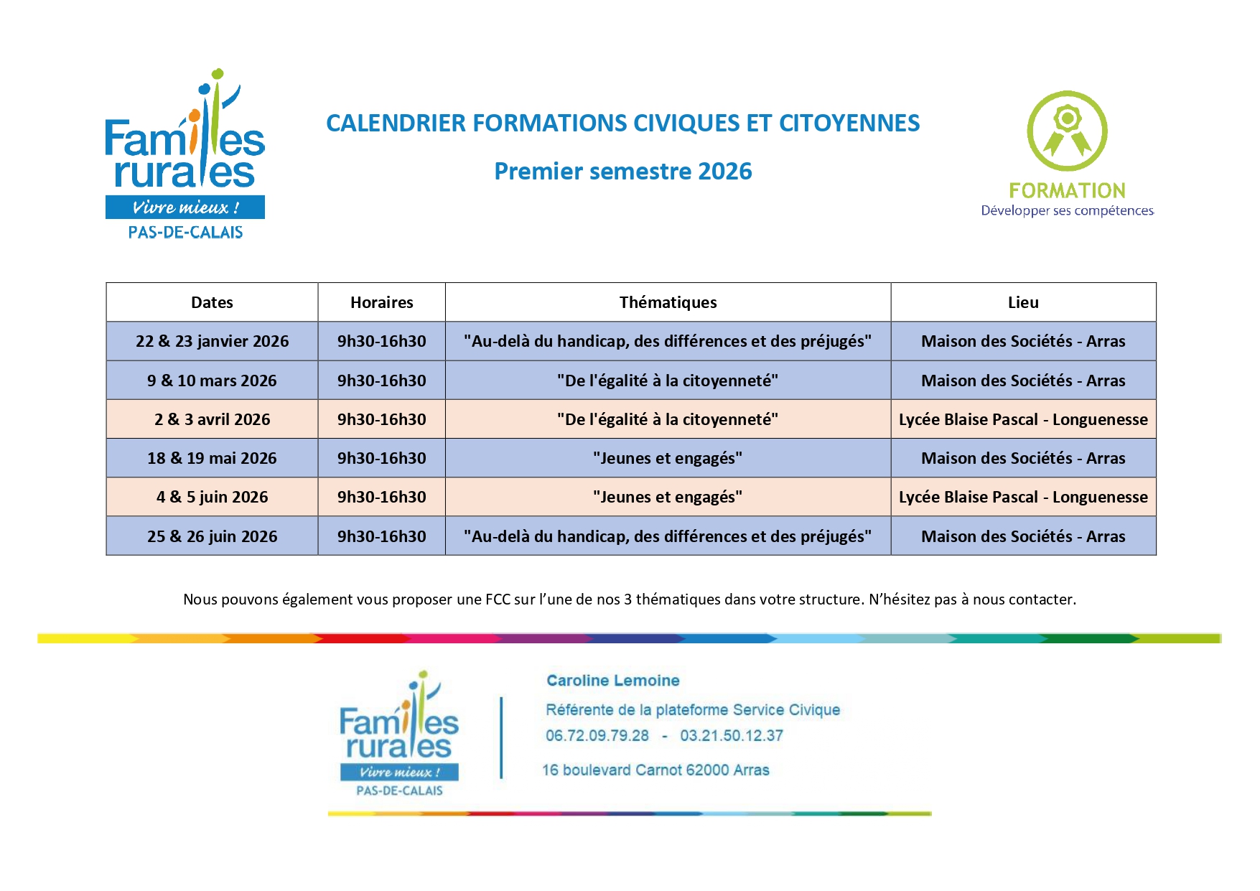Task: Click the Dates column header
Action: (212, 302)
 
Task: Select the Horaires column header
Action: (381, 302)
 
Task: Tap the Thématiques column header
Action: (668, 302)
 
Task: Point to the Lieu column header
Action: (1023, 302)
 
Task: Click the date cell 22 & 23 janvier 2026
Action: (212, 341)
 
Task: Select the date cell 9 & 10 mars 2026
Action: (212, 381)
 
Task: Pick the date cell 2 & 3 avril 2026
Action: (212, 419)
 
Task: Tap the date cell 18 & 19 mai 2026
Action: (212, 458)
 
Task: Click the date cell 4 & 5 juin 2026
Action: (212, 497)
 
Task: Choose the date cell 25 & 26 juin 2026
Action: (212, 536)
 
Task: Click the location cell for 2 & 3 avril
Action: (1023, 419)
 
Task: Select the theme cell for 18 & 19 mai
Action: (668, 458)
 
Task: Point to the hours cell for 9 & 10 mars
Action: (381, 381)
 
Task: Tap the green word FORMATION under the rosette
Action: (1067, 190)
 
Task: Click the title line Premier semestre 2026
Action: (623, 171)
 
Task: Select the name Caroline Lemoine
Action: (613, 681)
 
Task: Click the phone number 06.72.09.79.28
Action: (597, 736)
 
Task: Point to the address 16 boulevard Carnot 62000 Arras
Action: (655, 770)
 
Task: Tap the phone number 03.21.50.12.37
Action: (732, 736)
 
